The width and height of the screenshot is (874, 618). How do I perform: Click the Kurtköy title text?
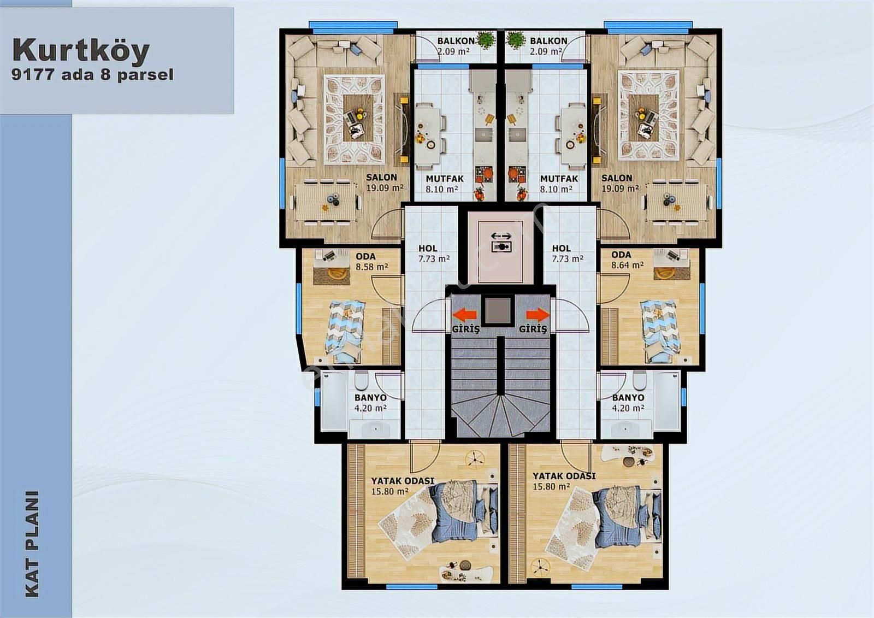pos(81,51)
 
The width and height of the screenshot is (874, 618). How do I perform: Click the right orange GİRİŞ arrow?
pos(538,314)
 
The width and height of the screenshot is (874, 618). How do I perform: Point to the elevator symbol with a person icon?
pos(501,247)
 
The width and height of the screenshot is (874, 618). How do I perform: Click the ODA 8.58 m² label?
pos(371,262)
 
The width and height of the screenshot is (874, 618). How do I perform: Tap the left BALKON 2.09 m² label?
pos(456,46)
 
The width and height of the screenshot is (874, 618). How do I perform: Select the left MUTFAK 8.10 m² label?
pos(445,184)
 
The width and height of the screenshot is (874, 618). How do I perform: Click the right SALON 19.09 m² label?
pos(620,183)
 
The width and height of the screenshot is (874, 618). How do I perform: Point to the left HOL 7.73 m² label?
pos(434,254)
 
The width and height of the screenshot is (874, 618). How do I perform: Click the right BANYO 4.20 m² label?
pos(628,403)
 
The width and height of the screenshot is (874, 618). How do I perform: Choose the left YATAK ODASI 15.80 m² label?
pos(402,486)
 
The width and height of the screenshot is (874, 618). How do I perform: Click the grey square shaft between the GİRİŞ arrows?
pos(497,311)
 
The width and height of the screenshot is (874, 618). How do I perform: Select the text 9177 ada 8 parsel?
pos(92,74)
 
